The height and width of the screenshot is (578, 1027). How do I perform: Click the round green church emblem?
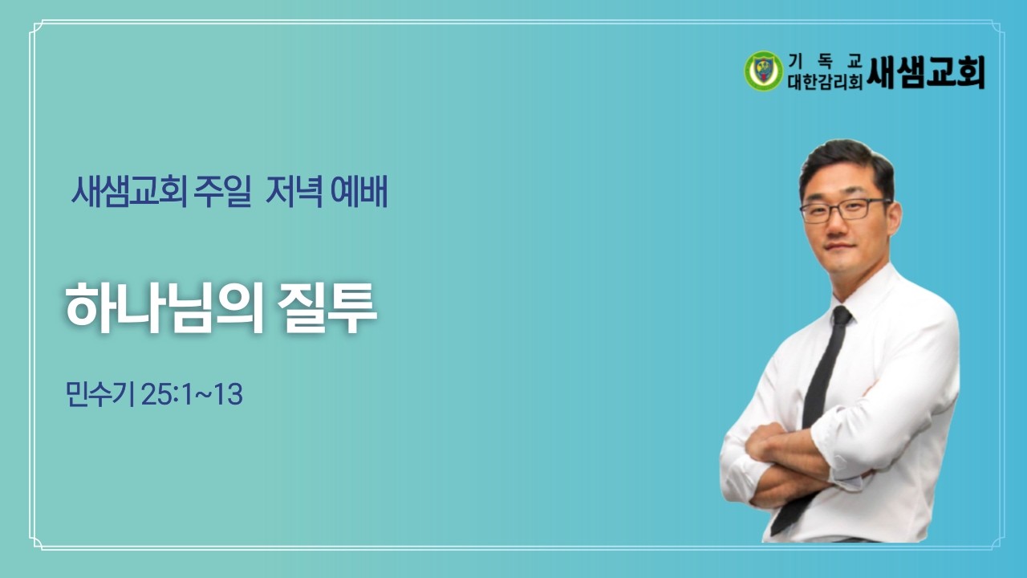(762, 71)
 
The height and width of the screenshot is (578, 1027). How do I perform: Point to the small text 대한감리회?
(826, 81)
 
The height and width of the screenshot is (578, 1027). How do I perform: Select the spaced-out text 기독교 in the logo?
(825, 59)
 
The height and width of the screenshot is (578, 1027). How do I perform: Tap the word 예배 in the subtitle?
(359, 193)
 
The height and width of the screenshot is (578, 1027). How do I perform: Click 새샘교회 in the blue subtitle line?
(129, 193)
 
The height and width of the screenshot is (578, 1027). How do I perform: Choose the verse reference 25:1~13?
(192, 395)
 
